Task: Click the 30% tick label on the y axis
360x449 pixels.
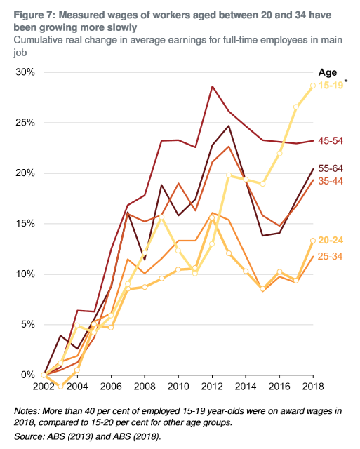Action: [x=24, y=72]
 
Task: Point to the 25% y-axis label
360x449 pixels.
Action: [x=24, y=123]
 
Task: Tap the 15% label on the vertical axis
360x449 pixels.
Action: [x=24, y=224]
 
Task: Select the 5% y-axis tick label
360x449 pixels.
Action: [x=26, y=325]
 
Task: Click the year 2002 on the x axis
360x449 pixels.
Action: [x=43, y=387]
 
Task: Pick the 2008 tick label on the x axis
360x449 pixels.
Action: [x=144, y=387]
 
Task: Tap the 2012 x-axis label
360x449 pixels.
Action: [x=212, y=387]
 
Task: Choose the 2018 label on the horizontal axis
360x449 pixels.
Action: [x=312, y=387]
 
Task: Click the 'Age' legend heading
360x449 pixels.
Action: [x=328, y=72]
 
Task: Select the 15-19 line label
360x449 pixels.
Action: [x=331, y=86]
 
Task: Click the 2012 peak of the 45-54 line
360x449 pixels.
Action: [x=212, y=86]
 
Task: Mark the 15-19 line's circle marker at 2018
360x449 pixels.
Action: [x=313, y=86]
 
